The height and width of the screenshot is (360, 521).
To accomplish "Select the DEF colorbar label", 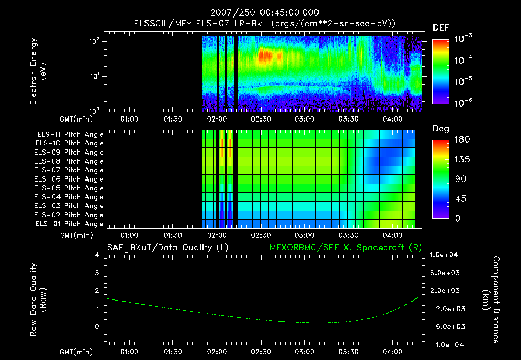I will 441,27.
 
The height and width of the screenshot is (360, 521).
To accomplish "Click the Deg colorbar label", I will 441,128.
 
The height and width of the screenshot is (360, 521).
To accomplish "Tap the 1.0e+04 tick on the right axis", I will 445,255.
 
